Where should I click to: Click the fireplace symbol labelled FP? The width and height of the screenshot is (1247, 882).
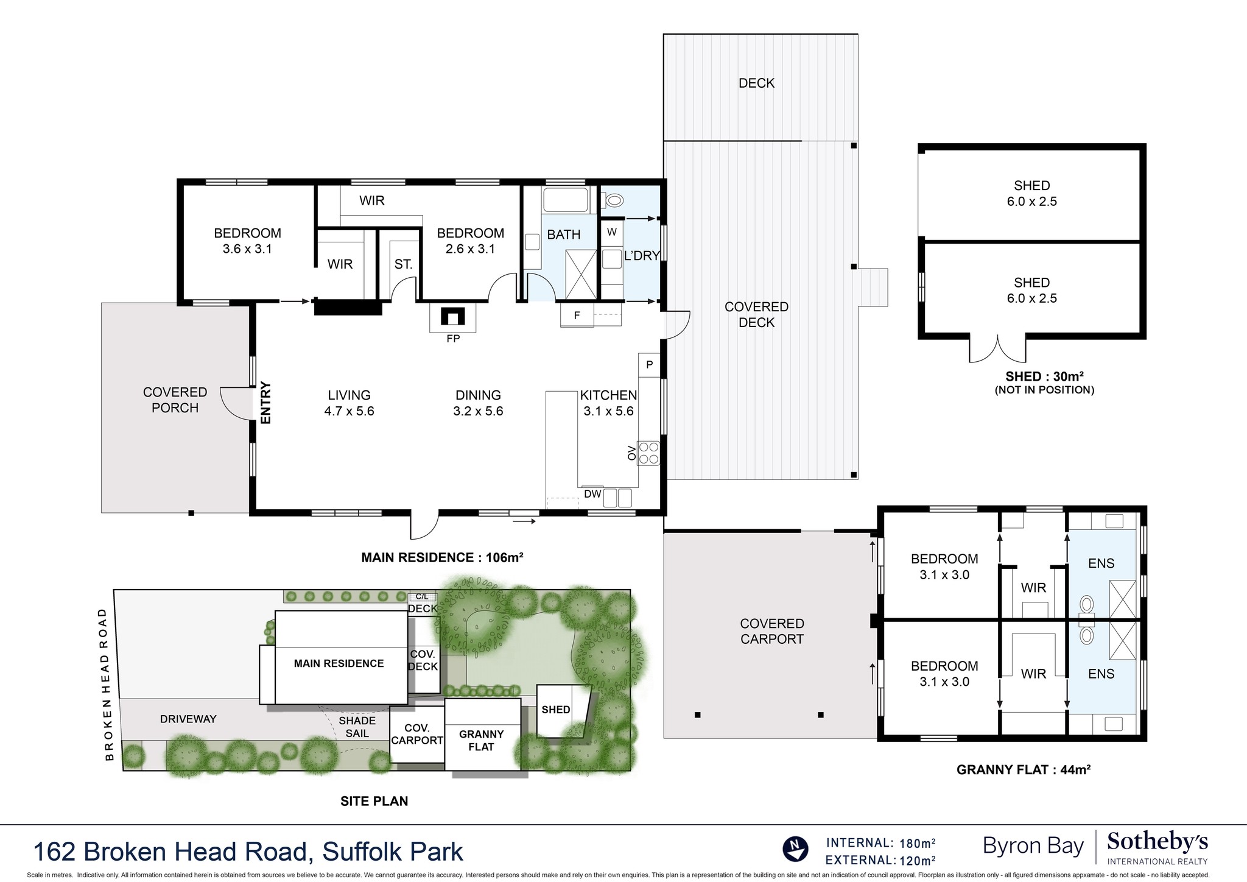pyautogui.click(x=453, y=317)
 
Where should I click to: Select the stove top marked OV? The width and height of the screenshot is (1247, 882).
pyautogui.click(x=648, y=453)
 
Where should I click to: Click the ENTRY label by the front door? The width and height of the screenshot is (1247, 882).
pyautogui.click(x=265, y=403)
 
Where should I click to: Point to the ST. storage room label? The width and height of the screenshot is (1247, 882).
pyautogui.click(x=403, y=264)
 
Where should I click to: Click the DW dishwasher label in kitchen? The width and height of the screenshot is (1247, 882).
pyautogui.click(x=592, y=494)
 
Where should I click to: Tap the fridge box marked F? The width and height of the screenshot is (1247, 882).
pyautogui.click(x=577, y=316)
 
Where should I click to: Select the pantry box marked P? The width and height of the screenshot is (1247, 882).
pyautogui.click(x=649, y=365)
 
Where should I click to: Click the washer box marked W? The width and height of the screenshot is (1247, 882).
pyautogui.click(x=612, y=232)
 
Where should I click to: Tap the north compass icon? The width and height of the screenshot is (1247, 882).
pyautogui.click(x=795, y=849)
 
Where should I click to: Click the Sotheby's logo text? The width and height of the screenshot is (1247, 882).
pyautogui.click(x=1157, y=843)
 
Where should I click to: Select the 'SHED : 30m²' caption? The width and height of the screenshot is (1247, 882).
pyautogui.click(x=1044, y=376)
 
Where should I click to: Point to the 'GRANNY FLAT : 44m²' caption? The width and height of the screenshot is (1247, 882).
pyautogui.click(x=1023, y=769)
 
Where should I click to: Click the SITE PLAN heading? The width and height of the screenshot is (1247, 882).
pyautogui.click(x=374, y=801)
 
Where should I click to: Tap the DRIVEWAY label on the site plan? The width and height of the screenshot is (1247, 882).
pyautogui.click(x=188, y=719)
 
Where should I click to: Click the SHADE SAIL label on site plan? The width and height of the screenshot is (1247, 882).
pyautogui.click(x=357, y=727)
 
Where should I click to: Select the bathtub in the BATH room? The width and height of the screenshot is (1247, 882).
pyautogui.click(x=565, y=200)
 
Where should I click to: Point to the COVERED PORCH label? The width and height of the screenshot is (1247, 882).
pyautogui.click(x=175, y=400)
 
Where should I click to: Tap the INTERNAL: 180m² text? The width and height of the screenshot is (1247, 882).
pyautogui.click(x=880, y=843)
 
